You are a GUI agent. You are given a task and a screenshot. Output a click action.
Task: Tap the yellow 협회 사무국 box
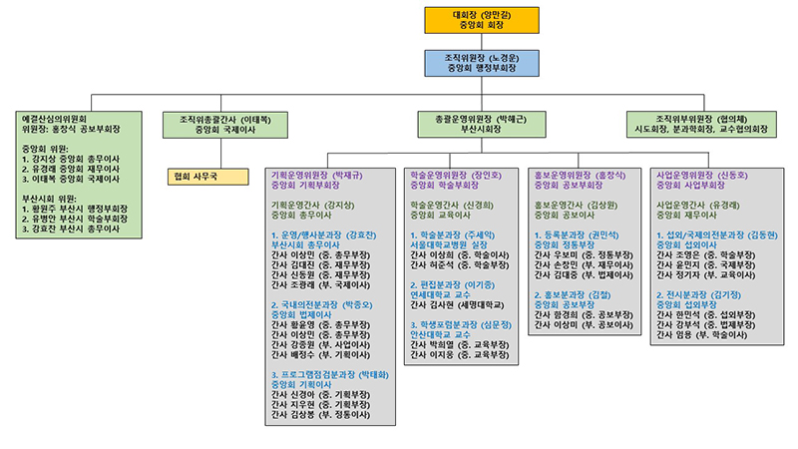point(208,177)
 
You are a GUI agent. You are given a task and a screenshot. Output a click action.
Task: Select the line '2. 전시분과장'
point(699,295)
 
